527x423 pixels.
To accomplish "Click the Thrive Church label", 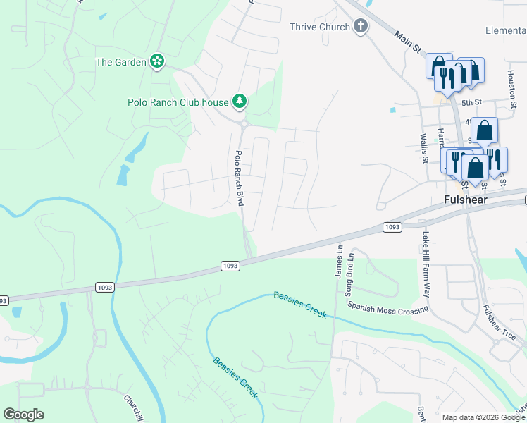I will pyautogui.click(x=319, y=27).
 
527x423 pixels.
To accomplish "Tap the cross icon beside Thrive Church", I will pyautogui.click(x=361, y=27).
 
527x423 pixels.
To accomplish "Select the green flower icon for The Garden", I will pyautogui.click(x=157, y=62).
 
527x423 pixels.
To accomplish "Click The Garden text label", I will pyautogui.click(x=121, y=62).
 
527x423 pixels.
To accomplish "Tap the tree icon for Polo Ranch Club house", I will pyautogui.click(x=240, y=102).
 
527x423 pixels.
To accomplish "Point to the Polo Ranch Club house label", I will pyautogui.click(x=178, y=102).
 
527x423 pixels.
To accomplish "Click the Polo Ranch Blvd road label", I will pyautogui.click(x=239, y=178).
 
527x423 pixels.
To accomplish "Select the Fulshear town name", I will pyautogui.click(x=466, y=200).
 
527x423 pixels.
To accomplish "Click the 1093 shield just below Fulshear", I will pyautogui.click(x=392, y=226).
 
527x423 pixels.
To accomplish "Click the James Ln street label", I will pyautogui.click(x=339, y=260).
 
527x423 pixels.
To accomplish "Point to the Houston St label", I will pyautogui.click(x=512, y=82).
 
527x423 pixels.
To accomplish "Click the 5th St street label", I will pyautogui.click(x=471, y=102).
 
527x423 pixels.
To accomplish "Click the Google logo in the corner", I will pyautogui.click(x=24, y=415).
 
